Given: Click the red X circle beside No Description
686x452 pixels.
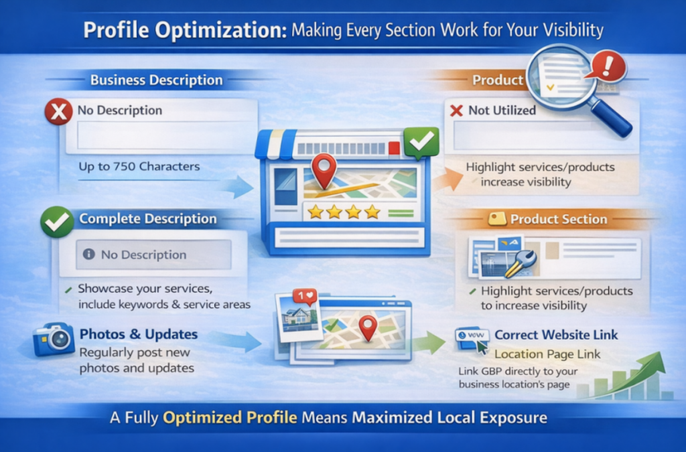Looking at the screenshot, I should (59, 111).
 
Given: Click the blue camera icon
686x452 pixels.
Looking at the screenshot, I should (53, 339).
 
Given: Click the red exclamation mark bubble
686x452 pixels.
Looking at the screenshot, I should (609, 66).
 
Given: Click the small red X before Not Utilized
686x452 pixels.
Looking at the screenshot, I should (457, 110).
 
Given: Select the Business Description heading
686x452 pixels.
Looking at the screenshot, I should (156, 80).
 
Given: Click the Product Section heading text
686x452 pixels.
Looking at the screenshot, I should (558, 219).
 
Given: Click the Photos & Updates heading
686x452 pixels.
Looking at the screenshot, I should (139, 333).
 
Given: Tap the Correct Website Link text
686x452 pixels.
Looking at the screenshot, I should (556, 335).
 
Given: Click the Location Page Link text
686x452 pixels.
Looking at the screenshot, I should (547, 354).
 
